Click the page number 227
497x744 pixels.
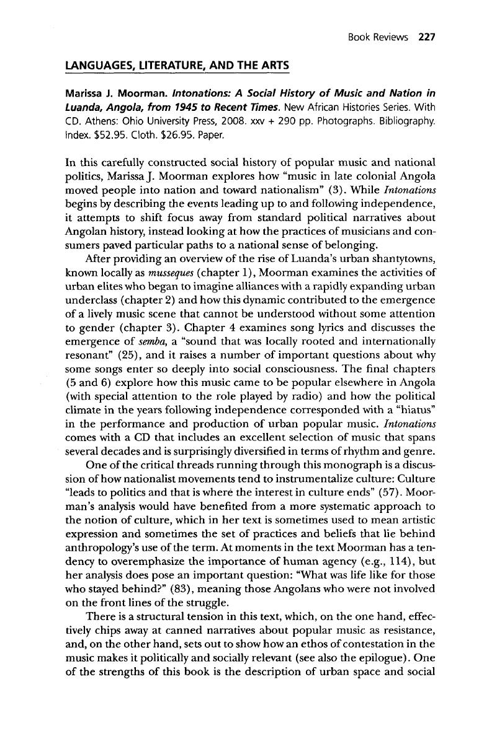pos(428,37)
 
